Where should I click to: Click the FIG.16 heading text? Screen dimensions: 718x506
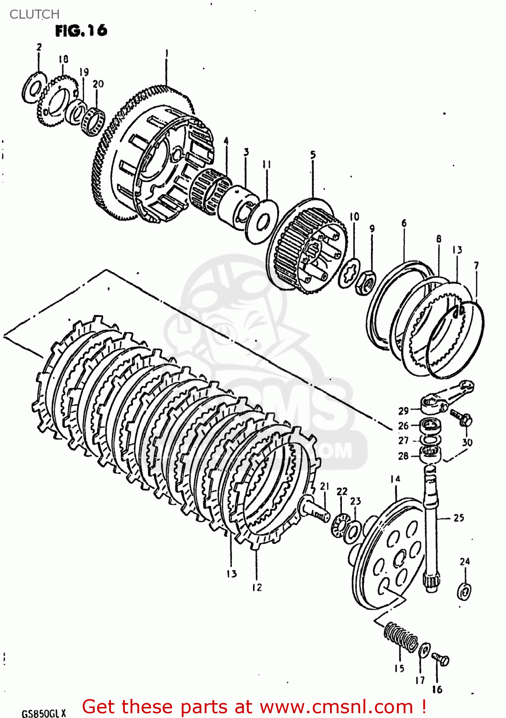pos(81,31)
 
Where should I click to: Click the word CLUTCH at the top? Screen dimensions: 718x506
pos(34,14)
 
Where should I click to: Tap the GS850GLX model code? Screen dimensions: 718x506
pos(44,713)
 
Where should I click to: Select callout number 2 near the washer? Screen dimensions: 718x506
pos(39,47)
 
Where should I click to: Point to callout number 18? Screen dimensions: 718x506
pos(63,59)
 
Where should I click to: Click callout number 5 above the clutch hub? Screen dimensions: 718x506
pos(313,155)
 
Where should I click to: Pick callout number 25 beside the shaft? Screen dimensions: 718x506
pos(458,517)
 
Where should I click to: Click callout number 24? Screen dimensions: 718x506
pos(464,561)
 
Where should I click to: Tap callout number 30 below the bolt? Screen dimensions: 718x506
pos(467,442)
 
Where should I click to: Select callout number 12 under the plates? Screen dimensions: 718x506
pos(257,587)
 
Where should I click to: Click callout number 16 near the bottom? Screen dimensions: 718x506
pos(437,689)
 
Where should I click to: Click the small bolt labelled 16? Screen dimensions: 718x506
pos(440,659)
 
